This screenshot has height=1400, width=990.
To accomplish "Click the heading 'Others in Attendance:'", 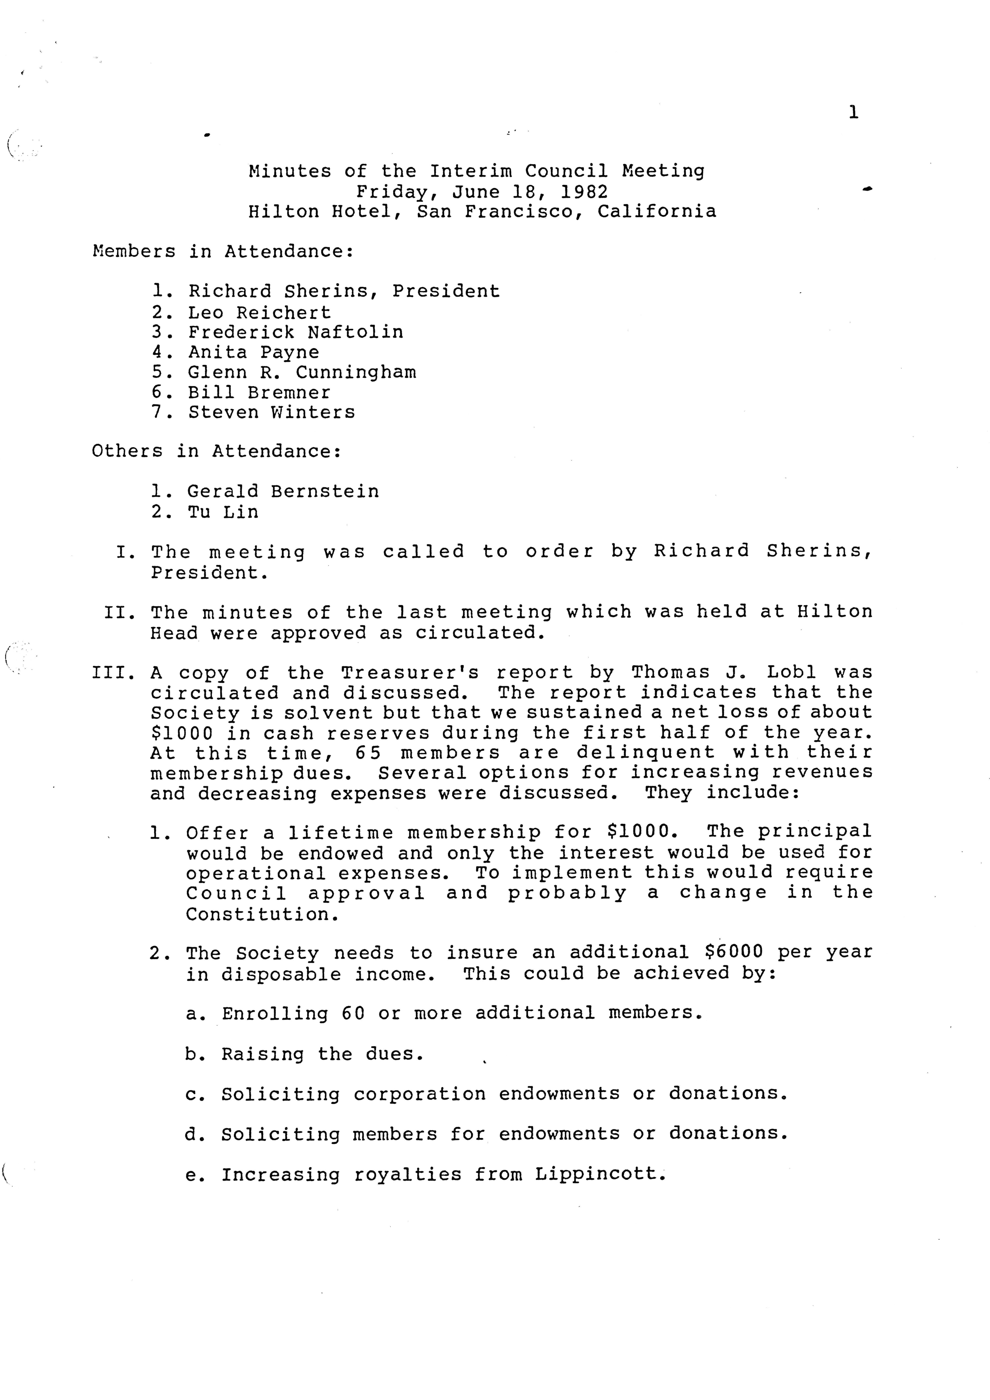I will point(217,451).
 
